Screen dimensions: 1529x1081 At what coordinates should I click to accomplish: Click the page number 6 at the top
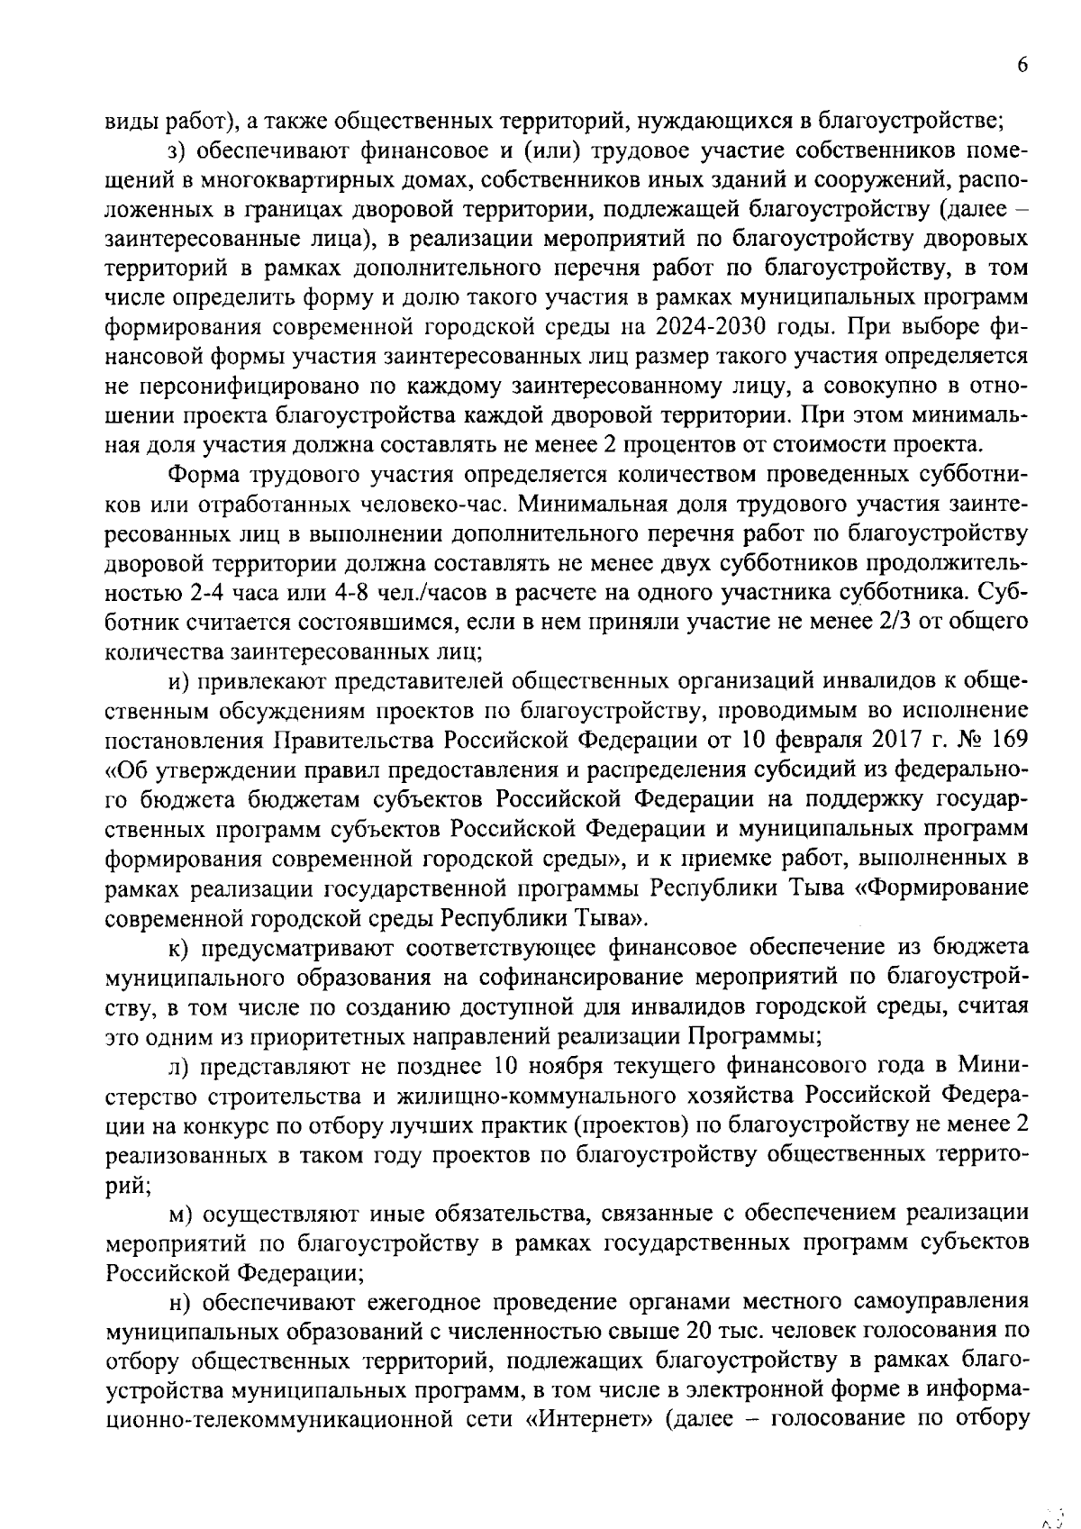[x=1022, y=66]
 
